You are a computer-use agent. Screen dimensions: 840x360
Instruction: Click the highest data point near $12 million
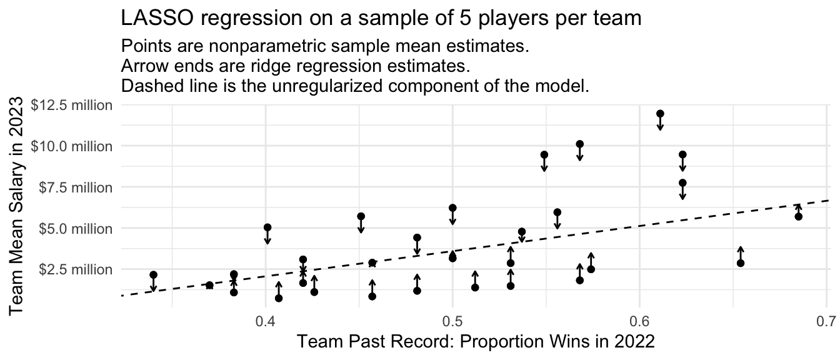tap(661, 114)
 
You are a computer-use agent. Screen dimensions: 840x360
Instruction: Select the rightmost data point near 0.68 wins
tap(798, 216)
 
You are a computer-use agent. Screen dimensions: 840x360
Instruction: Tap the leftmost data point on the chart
tap(153, 275)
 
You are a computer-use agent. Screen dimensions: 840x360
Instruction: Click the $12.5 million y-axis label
tap(72, 106)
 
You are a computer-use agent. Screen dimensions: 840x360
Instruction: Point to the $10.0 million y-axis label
tap(72, 146)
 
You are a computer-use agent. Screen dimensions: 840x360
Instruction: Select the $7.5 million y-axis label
tap(76, 187)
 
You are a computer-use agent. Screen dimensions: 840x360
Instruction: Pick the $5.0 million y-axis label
tap(76, 228)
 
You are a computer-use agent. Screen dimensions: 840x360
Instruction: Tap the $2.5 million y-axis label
tap(76, 269)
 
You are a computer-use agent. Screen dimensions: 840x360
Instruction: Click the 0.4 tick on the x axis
tap(266, 321)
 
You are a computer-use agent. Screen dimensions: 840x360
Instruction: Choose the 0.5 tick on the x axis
tap(452, 321)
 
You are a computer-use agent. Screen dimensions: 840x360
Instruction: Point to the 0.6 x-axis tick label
tap(639, 321)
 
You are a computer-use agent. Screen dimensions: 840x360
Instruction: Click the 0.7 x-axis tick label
tap(826, 321)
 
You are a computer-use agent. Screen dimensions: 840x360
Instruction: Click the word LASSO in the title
tap(157, 18)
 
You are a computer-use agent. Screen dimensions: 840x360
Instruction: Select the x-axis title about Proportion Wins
tap(476, 342)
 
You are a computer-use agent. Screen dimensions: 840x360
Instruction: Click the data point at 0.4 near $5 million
tap(267, 227)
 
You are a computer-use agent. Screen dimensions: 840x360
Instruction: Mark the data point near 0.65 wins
tap(740, 263)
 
